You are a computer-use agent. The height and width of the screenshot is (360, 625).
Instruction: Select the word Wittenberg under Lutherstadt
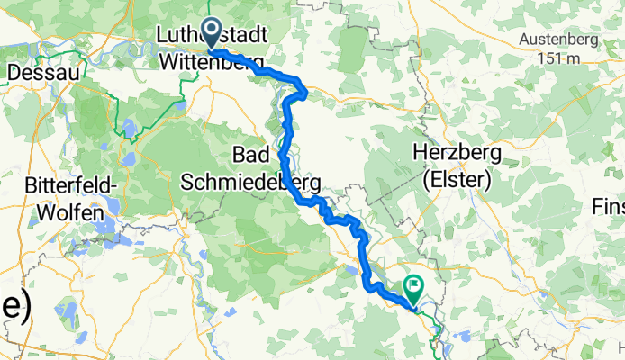coord(213,59)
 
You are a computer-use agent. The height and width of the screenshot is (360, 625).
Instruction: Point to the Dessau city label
coord(44,70)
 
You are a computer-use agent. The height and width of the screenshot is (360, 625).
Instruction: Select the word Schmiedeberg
coord(251,181)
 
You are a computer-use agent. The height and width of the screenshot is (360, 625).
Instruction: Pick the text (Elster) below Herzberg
coord(457,179)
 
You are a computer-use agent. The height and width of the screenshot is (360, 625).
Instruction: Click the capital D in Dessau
coord(14,70)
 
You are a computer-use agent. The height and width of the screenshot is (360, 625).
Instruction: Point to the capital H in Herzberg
coord(420,153)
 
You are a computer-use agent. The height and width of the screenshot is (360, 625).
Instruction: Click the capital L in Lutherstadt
coord(162,35)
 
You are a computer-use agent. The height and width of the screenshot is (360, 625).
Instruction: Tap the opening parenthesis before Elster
coord(426,179)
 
